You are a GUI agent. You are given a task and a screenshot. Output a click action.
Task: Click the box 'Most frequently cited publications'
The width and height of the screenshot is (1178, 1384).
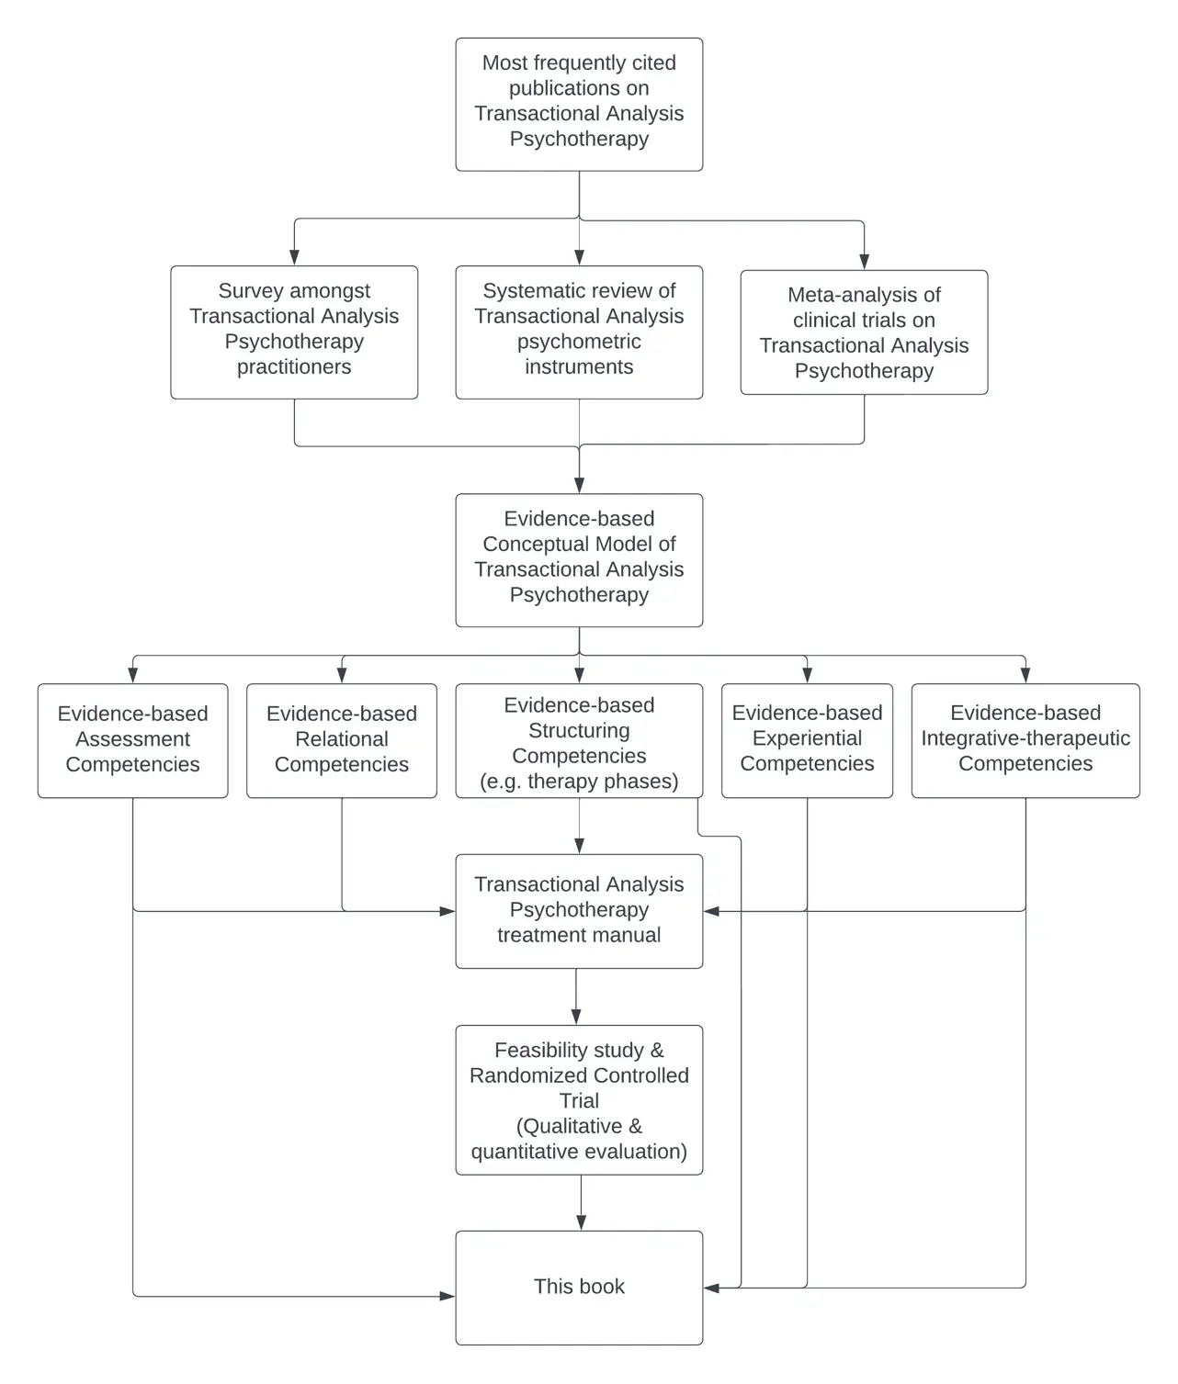(x=579, y=105)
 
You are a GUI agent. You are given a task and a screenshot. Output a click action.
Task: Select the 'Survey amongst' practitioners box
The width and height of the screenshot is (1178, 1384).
(x=294, y=332)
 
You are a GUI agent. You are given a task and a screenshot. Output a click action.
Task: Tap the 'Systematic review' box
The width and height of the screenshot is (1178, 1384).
(x=579, y=332)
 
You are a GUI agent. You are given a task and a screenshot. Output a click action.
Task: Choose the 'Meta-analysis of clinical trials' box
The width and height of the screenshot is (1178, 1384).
(x=864, y=332)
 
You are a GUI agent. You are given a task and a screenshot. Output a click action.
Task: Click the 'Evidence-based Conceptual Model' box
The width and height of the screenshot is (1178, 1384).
(x=579, y=560)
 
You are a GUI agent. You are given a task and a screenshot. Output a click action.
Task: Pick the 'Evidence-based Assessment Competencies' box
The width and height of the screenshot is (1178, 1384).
(x=132, y=740)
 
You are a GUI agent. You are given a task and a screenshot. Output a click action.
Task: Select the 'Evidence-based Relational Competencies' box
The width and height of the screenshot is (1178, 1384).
(x=342, y=740)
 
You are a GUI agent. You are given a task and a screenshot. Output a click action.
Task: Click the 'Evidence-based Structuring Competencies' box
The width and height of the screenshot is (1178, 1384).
(x=579, y=740)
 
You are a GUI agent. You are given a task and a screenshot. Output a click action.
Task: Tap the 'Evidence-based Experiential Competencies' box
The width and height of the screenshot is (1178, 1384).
(x=807, y=740)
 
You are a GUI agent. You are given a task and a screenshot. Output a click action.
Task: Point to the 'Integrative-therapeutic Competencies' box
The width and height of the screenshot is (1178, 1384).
(x=1025, y=740)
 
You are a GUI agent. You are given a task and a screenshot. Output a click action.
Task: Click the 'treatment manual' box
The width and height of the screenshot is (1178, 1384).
(x=579, y=911)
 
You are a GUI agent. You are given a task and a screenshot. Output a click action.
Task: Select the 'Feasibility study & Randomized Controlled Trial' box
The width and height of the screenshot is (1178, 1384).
(x=579, y=1100)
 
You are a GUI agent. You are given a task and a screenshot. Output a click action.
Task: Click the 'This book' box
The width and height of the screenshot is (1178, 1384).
(x=579, y=1288)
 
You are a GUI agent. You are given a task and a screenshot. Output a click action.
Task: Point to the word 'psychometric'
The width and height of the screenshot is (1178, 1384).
(x=579, y=343)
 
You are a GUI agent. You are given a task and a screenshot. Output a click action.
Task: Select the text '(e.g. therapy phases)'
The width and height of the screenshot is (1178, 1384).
(x=579, y=782)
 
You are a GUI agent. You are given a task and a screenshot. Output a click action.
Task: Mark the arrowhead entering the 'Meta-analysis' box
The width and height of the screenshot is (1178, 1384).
(x=865, y=262)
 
